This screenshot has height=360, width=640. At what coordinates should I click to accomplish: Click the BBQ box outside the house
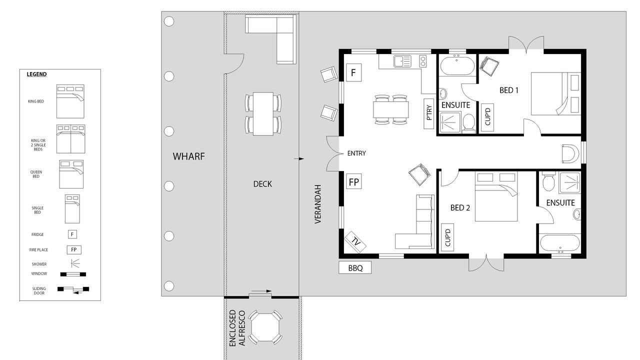pyautogui.click(x=355, y=267)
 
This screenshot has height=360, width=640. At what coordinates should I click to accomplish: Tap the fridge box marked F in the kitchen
pyautogui.click(x=353, y=72)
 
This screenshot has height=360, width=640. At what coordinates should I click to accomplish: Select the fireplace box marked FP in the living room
pyautogui.click(x=353, y=181)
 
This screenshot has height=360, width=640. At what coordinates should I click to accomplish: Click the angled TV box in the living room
pyautogui.click(x=355, y=242)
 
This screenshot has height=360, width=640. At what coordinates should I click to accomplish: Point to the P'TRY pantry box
pyautogui.click(x=428, y=113)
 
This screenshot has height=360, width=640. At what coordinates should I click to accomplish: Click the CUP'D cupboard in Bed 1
pyautogui.click(x=487, y=117)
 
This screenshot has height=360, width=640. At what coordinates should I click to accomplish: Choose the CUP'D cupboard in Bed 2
pyautogui.click(x=447, y=237)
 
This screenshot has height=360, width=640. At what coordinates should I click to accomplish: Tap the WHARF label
pyautogui.click(x=188, y=156)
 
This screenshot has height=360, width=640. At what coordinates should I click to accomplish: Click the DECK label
pyautogui.click(x=262, y=184)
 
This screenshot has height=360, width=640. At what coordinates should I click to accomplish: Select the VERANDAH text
pyautogui.click(x=318, y=204)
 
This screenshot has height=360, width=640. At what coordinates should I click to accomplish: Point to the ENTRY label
pyautogui.click(x=356, y=153)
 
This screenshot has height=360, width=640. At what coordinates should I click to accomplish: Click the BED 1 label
pyautogui.click(x=509, y=90)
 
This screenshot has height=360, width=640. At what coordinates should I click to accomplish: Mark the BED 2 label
pyautogui.click(x=460, y=207)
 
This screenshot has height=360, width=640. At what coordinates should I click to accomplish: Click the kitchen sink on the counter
pyautogui.click(x=402, y=61)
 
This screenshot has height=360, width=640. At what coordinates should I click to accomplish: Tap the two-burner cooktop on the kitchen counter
pyautogui.click(x=423, y=61)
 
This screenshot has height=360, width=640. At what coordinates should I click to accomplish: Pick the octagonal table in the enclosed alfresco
pyautogui.click(x=265, y=327)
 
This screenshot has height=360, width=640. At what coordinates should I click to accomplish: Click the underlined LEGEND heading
pyautogui.click(x=36, y=74)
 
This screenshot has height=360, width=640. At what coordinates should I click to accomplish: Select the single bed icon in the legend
pyautogui.click(x=72, y=209)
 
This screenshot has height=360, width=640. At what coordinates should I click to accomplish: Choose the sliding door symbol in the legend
pyautogui.click(x=73, y=290)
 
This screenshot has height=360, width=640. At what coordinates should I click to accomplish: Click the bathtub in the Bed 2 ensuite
pyautogui.click(x=560, y=243)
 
